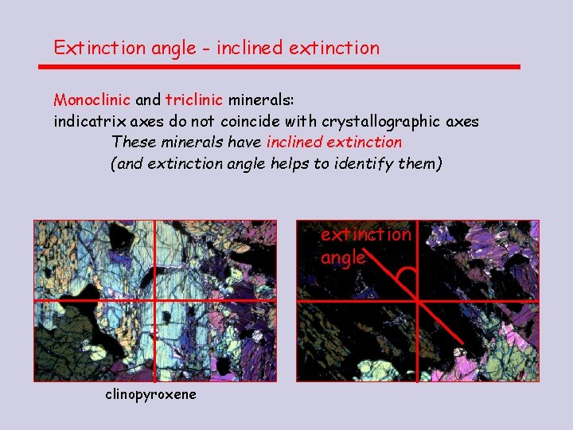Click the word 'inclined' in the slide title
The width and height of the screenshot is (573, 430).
[x=248, y=48]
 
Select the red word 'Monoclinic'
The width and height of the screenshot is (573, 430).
[x=92, y=101]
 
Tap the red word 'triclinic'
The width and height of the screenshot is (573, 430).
[x=194, y=101]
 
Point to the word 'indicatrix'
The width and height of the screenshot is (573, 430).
[x=88, y=122]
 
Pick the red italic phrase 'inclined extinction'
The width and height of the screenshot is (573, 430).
[x=334, y=143]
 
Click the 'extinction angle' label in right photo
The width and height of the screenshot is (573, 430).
[x=365, y=245]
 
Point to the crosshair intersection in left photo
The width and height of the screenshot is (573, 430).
[x=154, y=300]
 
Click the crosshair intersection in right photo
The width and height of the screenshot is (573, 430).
[x=417, y=300]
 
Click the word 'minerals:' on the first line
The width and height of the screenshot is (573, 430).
[x=261, y=101]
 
